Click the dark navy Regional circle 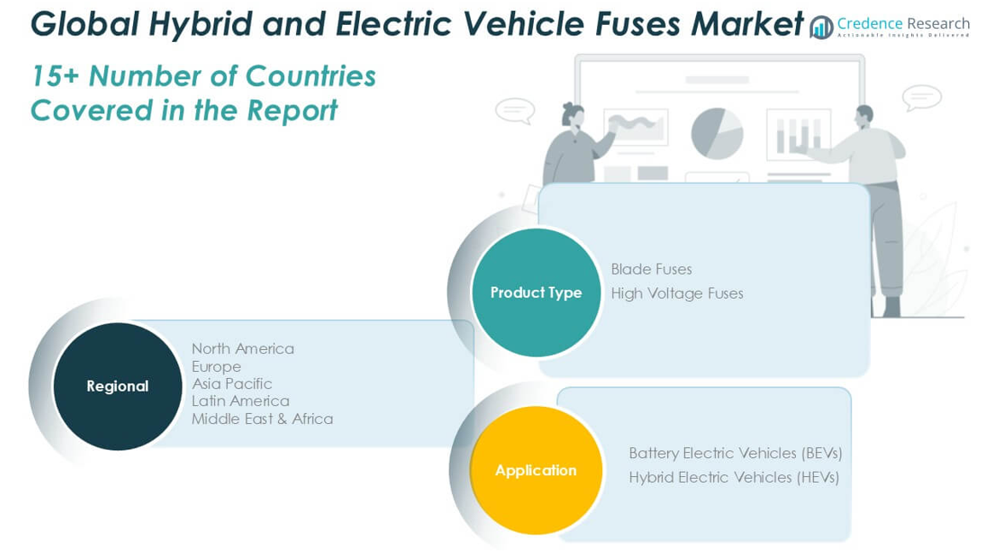pos(118,386)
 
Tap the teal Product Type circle pos(537,293)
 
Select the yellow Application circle pos(537,470)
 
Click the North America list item pos(242,349)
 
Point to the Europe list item pos(217,367)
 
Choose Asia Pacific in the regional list pos(232,384)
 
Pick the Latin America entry pos(241,401)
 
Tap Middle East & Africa pos(263,419)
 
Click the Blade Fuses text pos(651,269)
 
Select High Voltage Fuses pos(676,293)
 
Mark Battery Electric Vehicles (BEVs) pos(735,453)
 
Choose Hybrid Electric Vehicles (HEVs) pos(734,477)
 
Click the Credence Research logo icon pos(821,27)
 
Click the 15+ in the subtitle pos(55,76)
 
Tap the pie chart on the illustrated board pos(717,133)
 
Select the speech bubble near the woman pos(515,111)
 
